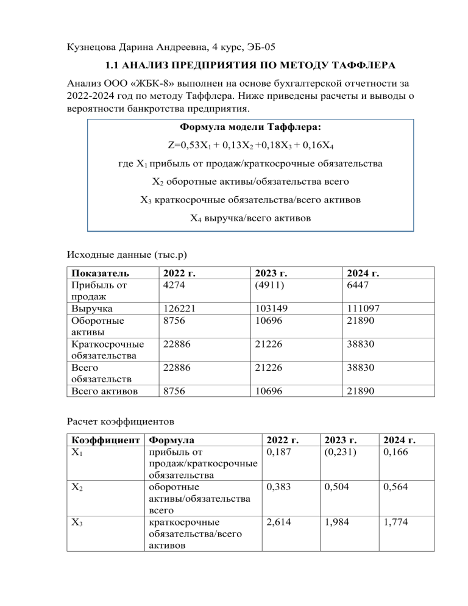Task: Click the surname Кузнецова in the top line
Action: coord(93,46)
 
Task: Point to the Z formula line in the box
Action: coord(250,146)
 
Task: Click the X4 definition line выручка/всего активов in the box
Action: coord(250,216)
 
